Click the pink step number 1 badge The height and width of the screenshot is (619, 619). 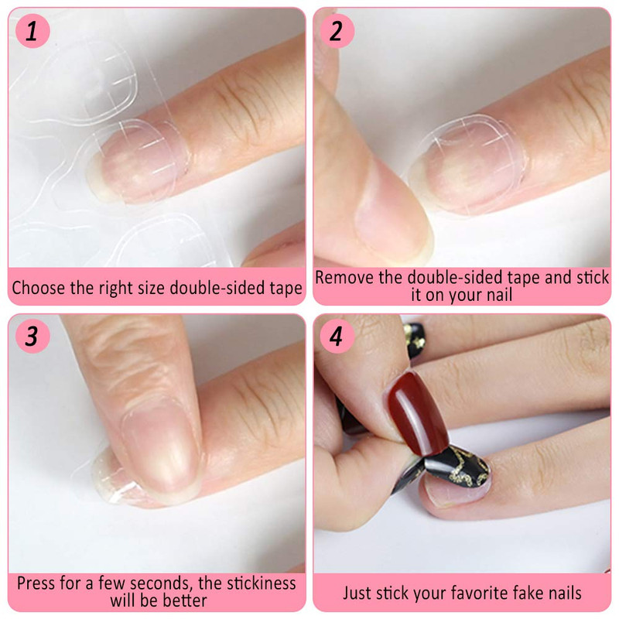(32, 31)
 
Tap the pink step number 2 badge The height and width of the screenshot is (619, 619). (337, 31)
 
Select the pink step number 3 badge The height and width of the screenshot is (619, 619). (32, 337)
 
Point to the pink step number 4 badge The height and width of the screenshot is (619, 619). (337, 337)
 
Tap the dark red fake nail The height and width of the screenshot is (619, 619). (417, 412)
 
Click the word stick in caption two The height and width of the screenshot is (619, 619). (593, 278)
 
